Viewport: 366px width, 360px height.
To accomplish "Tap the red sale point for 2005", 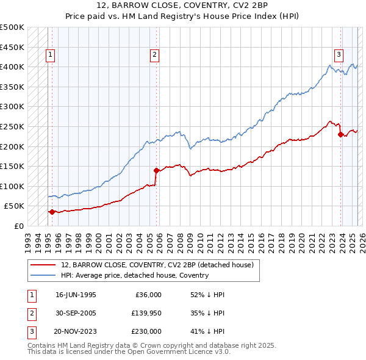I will click(157, 170).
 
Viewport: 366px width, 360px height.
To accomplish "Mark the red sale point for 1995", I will click(52, 212).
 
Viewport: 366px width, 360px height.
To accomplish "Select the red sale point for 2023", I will click(340, 134).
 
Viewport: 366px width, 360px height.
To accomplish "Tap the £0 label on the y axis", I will click(18, 226).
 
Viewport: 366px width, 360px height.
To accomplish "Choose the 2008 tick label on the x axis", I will click(181, 237).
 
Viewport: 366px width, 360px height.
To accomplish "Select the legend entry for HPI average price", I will click(134, 275).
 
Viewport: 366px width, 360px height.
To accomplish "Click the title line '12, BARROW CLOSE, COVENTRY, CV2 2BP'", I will click(183, 5).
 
